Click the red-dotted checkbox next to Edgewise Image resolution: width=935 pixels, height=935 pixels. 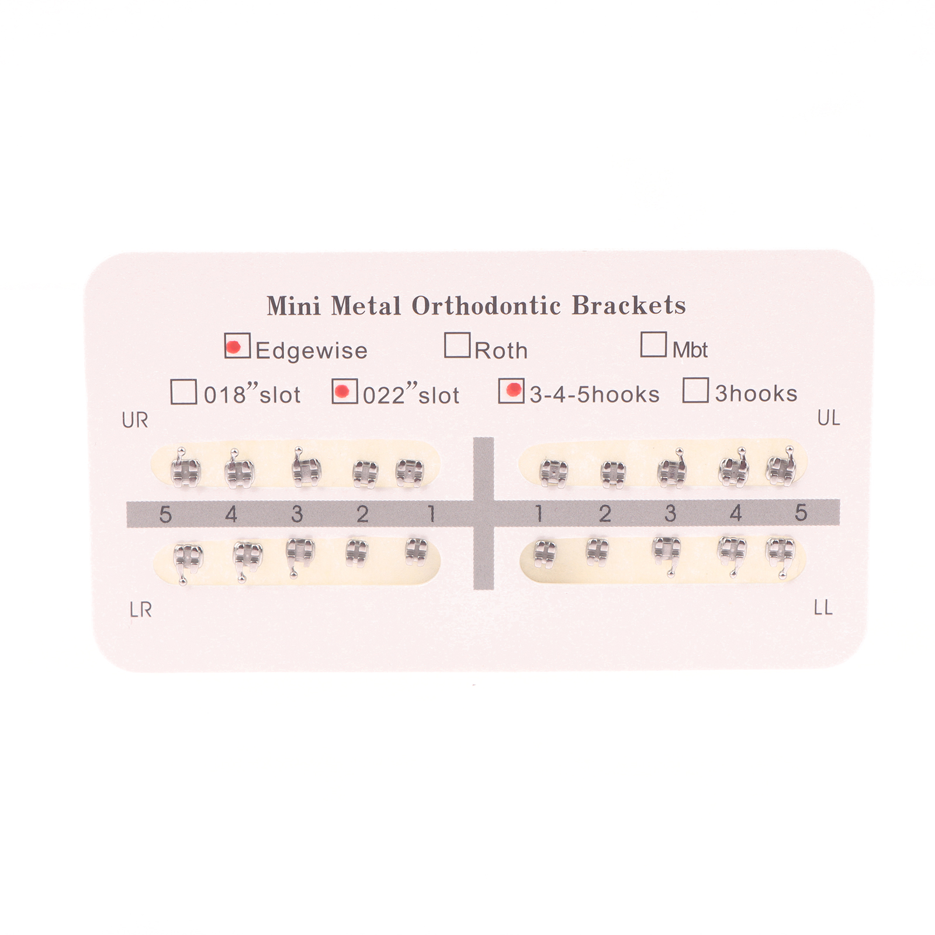[x=237, y=345]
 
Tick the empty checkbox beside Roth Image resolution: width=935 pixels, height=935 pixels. [x=457, y=344]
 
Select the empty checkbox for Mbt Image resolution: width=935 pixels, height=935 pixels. [x=653, y=344]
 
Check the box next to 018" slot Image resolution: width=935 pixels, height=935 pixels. [x=183, y=392]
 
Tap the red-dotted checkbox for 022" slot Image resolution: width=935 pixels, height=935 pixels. [x=345, y=391]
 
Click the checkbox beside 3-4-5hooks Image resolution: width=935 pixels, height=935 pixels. [x=511, y=390]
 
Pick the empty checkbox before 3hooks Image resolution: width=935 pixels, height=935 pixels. [x=695, y=390]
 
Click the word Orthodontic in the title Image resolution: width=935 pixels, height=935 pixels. [x=486, y=306]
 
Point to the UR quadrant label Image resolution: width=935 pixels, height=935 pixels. [x=135, y=420]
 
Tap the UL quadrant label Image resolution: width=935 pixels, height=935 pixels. [x=829, y=418]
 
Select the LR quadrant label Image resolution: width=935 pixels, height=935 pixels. [x=141, y=610]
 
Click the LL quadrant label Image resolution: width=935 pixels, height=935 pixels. [x=823, y=608]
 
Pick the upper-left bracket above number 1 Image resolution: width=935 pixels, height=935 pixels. [x=553, y=472]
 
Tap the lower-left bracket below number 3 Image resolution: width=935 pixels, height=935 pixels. [x=667, y=552]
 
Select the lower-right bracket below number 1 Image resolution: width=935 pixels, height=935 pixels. [x=414, y=550]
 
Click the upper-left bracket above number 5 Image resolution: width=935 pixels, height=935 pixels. [x=781, y=467]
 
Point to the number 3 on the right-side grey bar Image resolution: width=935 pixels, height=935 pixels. [x=670, y=514]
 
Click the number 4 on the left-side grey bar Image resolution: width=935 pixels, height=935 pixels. [x=231, y=515]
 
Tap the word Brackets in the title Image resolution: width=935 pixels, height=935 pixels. [x=629, y=306]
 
